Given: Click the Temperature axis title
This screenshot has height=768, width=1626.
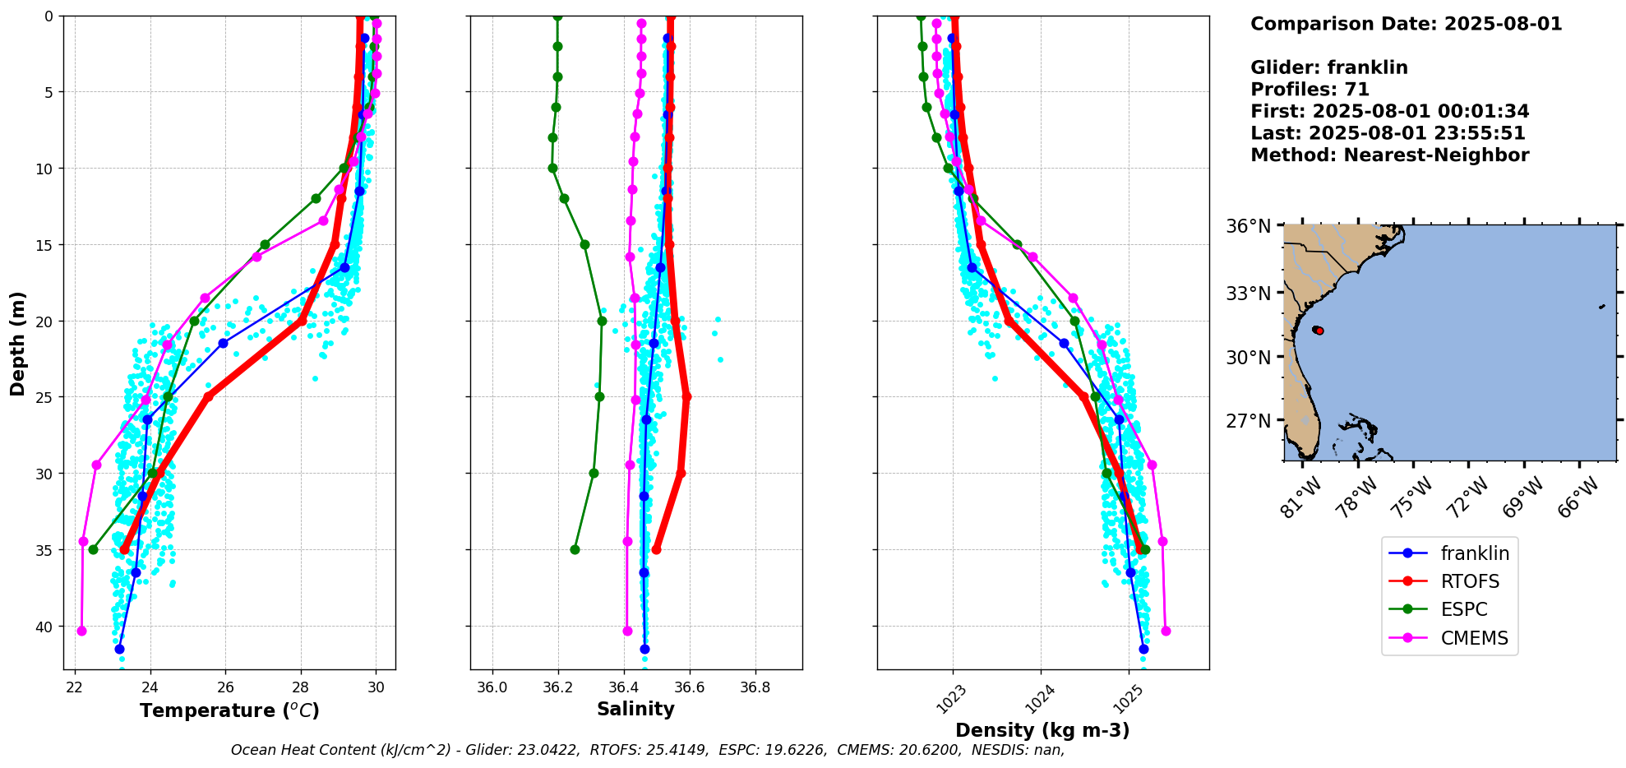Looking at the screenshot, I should pos(229,710).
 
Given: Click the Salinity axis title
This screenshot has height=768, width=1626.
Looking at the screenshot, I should pos(635,710).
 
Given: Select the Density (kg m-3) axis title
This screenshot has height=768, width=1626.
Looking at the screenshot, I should pos(1042,730).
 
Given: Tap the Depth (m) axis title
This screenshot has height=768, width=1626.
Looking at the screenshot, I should pos(18,343).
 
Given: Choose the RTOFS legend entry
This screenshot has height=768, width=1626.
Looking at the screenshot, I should pos(1470,581).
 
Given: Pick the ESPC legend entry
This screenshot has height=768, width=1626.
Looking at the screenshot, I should pos(1464,609).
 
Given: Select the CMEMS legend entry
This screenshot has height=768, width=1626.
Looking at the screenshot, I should pos(1474,638).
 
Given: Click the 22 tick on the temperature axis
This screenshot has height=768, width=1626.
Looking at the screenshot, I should pos(75,687).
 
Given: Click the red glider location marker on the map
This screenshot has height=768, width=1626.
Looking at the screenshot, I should pos(1319,331).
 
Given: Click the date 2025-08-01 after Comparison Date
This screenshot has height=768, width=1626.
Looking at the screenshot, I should pos(1503,24).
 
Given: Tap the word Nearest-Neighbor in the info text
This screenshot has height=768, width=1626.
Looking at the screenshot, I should pos(1435,155).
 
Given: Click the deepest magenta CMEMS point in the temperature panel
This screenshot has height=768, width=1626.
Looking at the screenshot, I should pos(81,631).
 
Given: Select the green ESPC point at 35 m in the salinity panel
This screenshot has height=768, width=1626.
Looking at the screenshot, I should pos(575,549).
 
